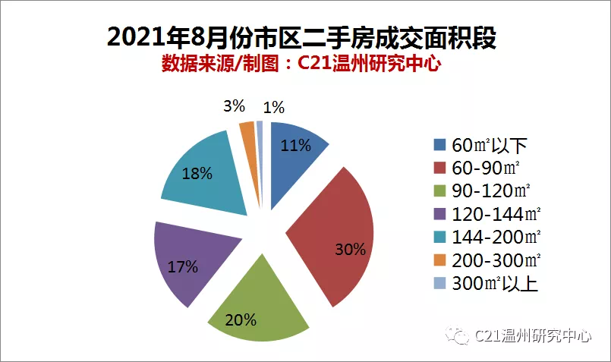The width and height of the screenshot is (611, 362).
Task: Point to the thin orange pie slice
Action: click(x=251, y=156)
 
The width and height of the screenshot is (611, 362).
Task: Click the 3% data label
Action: click(x=235, y=106)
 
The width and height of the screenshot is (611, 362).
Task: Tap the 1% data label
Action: click(x=273, y=108)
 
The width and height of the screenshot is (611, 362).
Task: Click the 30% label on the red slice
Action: click(x=351, y=250)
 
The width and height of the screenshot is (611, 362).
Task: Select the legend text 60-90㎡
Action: click(x=486, y=168)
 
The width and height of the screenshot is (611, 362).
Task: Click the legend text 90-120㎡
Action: click(x=491, y=191)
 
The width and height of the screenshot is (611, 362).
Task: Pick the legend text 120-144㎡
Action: click(x=496, y=214)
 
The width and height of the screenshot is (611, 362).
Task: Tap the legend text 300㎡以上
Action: click(x=495, y=283)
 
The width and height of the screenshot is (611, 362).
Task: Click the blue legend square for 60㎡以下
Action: click(x=439, y=145)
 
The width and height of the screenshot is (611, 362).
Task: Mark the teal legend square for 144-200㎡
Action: click(x=439, y=237)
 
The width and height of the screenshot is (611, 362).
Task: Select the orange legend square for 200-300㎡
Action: click(x=439, y=260)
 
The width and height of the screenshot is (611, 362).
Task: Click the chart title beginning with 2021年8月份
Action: click(x=301, y=37)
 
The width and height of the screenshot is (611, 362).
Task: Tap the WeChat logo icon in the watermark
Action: click(x=457, y=335)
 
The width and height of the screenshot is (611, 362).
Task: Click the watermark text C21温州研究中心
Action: click(x=533, y=335)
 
